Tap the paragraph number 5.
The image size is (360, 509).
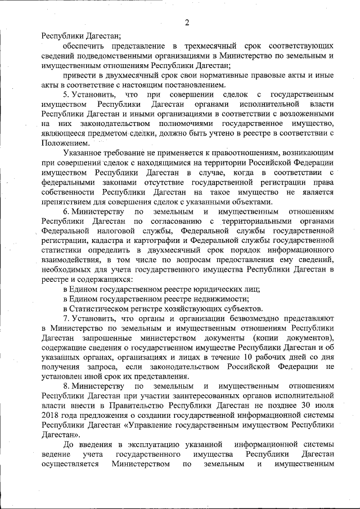(65, 94)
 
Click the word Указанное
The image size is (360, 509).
(84, 153)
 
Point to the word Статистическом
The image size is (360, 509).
(101, 309)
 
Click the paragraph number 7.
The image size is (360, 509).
(65, 319)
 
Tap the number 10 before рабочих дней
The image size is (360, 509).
(250, 358)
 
